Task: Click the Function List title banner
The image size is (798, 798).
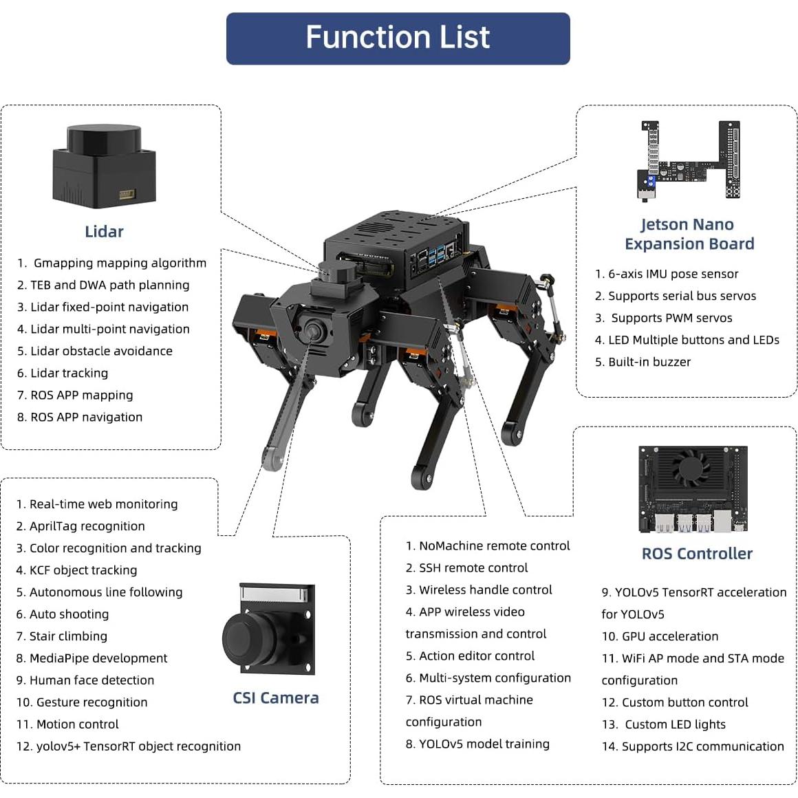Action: click(398, 39)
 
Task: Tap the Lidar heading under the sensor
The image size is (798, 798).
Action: click(104, 232)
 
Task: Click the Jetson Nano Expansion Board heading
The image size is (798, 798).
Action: click(689, 234)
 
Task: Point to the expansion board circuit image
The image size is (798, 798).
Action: click(690, 160)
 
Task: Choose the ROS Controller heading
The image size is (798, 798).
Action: click(697, 554)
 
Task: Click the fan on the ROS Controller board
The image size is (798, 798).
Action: click(690, 468)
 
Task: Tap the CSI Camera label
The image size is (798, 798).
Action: click(275, 698)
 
